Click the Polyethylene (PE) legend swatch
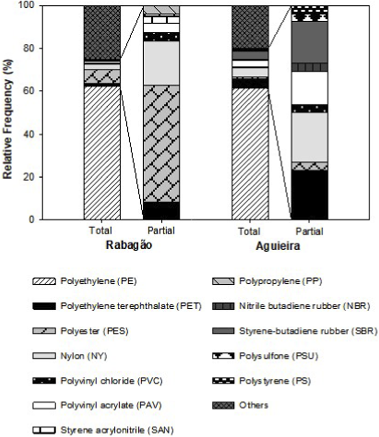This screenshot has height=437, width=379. coord(44,281)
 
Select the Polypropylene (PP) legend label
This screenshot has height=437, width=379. coord(280,281)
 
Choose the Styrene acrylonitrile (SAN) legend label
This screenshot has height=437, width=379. coord(117,430)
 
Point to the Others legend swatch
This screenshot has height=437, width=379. coord(223,405)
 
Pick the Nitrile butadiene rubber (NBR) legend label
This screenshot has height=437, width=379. coord(304,306)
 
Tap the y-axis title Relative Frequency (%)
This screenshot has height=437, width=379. coord(8,119)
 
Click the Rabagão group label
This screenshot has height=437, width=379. coord(129,245)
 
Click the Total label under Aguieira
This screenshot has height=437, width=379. coord(249,232)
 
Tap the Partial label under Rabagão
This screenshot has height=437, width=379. coord(161,231)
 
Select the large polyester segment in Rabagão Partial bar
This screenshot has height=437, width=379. coord(161,143)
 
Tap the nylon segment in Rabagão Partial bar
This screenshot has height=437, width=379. coord(161,63)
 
